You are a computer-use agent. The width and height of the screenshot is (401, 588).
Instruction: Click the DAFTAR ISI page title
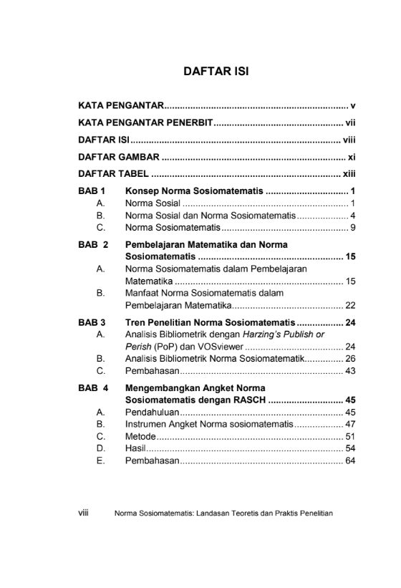coord(216,72)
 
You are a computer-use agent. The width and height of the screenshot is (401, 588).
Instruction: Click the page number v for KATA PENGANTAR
coord(353,105)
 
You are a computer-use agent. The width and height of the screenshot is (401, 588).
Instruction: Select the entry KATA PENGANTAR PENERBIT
coord(145,122)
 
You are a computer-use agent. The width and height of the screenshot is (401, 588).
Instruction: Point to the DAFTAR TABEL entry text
coord(113,173)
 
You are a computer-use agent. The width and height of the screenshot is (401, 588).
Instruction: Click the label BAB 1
coord(92,191)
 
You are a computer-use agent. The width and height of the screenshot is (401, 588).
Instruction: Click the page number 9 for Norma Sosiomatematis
coord(353,228)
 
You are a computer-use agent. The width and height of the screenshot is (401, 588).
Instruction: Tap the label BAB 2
coord(93,244)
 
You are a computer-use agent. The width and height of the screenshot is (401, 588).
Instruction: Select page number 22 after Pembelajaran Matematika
coord(350,305)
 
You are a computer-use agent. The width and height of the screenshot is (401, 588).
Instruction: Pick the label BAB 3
coord(92,322)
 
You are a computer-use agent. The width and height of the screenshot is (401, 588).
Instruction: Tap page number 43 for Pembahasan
coord(350,371)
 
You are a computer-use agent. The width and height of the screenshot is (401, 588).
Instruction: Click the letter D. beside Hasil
coord(100,448)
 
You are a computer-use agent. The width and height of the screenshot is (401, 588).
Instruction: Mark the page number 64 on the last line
coord(350,461)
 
